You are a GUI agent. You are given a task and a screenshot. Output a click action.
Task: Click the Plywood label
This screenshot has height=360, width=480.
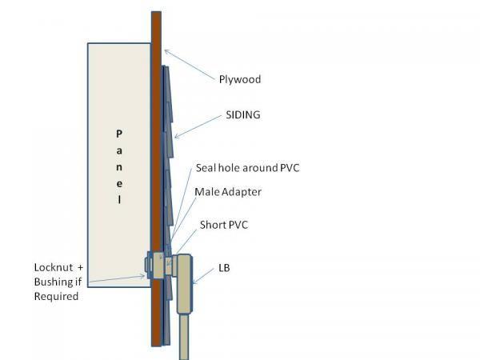pos(240,80)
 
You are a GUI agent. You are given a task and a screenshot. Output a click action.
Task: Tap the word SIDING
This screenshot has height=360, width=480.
pos(244,115)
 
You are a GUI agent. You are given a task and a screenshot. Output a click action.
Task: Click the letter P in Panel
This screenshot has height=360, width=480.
pos(119,132)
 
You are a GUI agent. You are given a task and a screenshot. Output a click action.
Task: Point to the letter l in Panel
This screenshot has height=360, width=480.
pos(119,202)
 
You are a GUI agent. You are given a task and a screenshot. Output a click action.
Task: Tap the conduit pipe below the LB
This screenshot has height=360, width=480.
pos(186,336)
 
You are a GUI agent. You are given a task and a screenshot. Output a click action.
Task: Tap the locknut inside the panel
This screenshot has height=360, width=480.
pos(146,266)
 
